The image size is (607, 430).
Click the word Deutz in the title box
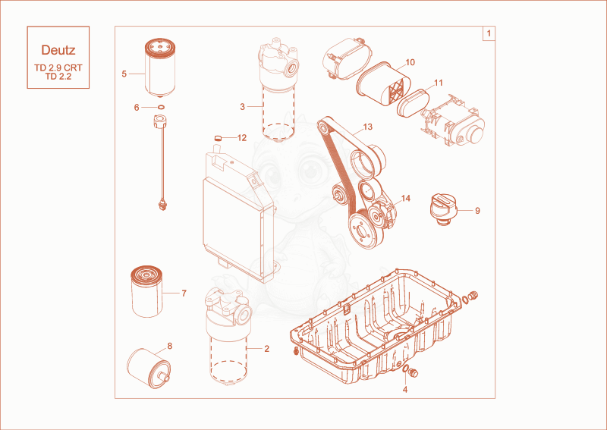coord(58,50)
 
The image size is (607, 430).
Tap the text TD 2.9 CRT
coord(58,67)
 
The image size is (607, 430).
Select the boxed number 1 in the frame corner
coord(489,33)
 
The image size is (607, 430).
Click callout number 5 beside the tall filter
coord(124,74)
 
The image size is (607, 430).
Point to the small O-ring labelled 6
coord(161,107)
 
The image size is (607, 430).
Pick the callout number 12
coord(242,138)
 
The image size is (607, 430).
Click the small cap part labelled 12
coord(218,137)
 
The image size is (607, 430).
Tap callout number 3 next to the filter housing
coord(242,106)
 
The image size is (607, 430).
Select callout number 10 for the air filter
coord(410,62)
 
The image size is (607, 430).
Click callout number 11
coord(439,83)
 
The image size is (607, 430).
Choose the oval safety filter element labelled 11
coord(413,103)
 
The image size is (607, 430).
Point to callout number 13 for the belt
coord(367,127)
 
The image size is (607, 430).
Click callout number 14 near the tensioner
coord(405,199)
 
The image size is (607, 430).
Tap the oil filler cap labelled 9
coord(444,209)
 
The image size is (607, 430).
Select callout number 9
coord(477,211)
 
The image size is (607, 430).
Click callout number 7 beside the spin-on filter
coord(184,293)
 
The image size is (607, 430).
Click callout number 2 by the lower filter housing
coord(266,349)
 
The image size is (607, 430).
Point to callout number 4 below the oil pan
coord(405,390)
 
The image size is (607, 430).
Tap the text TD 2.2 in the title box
coord(58,77)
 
